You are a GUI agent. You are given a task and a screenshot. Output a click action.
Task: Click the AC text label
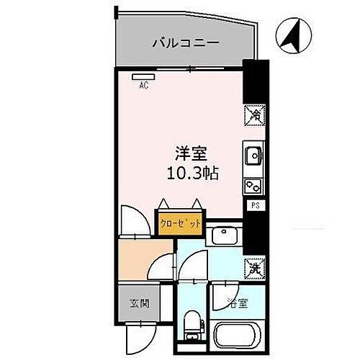[143, 84]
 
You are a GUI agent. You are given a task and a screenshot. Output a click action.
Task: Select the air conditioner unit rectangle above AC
[143, 75]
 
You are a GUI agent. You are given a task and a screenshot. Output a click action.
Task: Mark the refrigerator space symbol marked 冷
[254, 114]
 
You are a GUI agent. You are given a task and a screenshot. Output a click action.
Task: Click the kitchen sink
[254, 155]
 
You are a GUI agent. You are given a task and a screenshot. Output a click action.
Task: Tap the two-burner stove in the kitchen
[254, 185]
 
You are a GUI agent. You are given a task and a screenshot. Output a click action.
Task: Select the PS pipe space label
[254, 206]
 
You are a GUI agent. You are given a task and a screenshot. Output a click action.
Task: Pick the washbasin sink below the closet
[224, 235]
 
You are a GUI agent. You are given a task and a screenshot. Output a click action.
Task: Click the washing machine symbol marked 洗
[254, 266]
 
